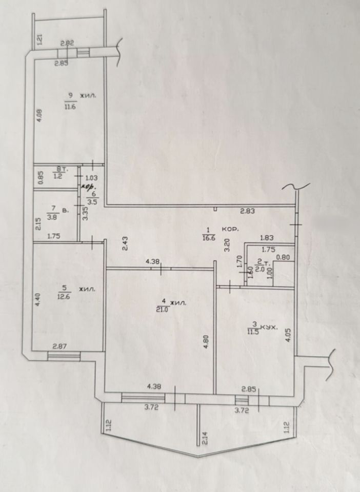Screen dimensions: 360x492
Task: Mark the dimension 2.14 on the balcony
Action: [x=204, y=438]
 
